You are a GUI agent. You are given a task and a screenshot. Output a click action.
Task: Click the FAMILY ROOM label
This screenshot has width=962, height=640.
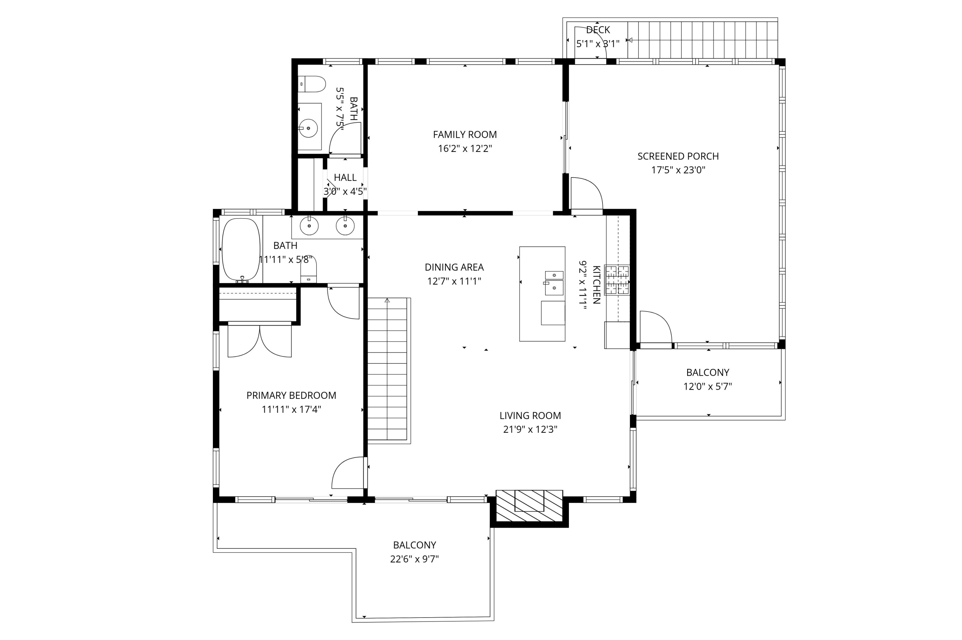click(465, 134)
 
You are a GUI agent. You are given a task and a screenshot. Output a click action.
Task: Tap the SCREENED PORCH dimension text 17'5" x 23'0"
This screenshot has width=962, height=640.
click(678, 170)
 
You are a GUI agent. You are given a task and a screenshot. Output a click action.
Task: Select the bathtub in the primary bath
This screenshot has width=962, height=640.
click(240, 250)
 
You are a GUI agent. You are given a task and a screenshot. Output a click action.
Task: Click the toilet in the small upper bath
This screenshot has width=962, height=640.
click(312, 84)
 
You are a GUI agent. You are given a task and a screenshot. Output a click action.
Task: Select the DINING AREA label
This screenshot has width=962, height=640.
click(454, 267)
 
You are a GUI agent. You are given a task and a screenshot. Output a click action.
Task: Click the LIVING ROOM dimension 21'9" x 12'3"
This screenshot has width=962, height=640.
click(530, 429)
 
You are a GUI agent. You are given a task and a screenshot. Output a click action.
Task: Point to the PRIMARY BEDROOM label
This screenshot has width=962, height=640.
click(291, 395)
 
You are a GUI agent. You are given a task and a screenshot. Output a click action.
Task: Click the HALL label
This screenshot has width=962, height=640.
click(345, 178)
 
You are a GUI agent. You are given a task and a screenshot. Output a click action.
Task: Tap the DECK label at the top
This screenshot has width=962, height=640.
click(598, 30)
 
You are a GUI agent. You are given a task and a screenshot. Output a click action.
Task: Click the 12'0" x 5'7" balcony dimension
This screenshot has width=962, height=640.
click(708, 386)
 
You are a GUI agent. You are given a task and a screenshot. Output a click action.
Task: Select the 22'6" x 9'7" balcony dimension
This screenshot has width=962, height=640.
click(414, 559)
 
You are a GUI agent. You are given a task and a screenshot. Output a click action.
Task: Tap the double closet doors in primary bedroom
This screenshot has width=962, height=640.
click(260, 340)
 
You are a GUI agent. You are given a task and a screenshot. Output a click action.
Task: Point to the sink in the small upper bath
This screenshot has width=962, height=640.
click(309, 128)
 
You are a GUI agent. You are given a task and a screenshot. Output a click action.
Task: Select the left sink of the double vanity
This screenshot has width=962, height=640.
click(309, 225)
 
